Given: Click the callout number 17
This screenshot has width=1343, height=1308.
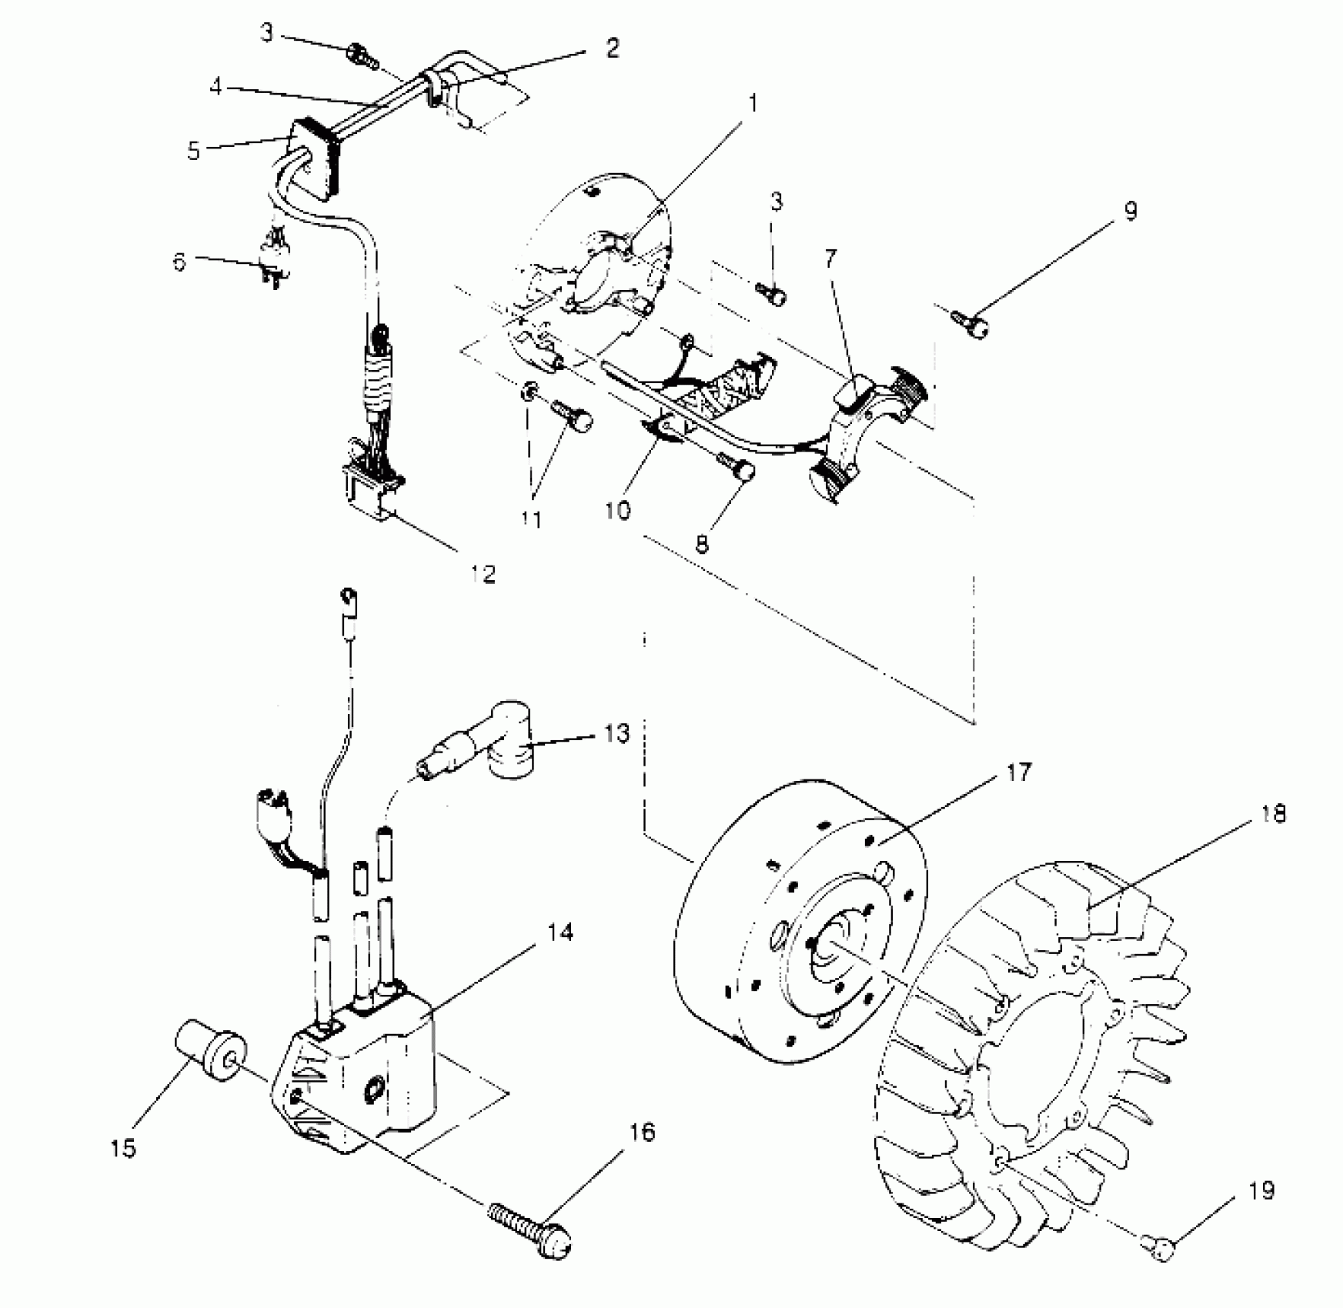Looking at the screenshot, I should click(x=1017, y=772).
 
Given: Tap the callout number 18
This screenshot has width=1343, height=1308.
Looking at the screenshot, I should click(x=1274, y=814).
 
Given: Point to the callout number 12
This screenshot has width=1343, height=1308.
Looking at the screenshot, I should click(x=483, y=573).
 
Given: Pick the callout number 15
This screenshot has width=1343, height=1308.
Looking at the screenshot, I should click(x=123, y=1148).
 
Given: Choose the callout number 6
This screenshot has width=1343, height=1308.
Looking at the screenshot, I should click(x=179, y=262).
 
